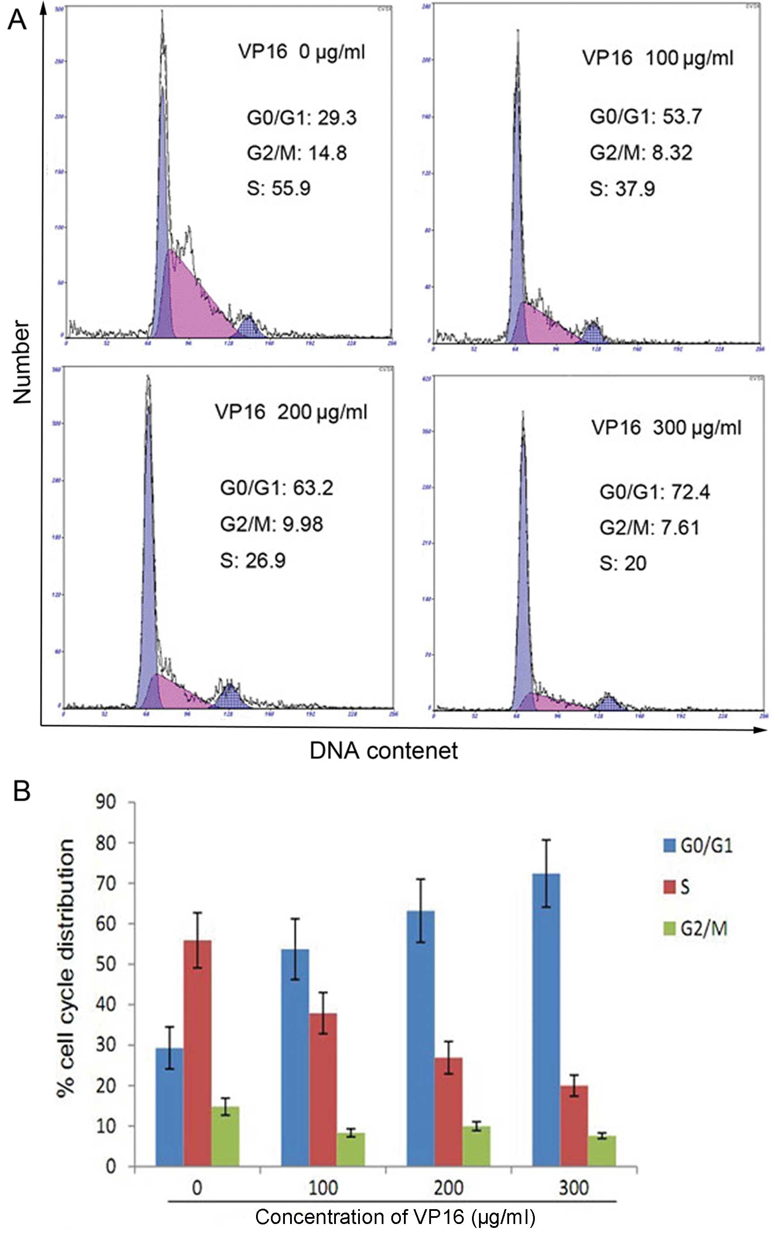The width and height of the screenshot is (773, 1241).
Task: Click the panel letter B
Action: [21, 791]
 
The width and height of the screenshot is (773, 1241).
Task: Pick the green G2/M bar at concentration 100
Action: [351, 1152]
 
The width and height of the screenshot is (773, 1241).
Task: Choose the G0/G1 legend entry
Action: [698, 846]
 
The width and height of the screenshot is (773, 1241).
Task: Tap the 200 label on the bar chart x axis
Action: [448, 1188]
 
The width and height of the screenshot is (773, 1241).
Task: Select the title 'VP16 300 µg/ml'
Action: [666, 428]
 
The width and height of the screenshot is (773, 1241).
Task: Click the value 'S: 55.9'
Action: [279, 188]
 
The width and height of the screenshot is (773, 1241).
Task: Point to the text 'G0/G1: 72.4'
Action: [654, 492]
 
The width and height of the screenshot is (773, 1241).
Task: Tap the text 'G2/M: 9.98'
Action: [271, 524]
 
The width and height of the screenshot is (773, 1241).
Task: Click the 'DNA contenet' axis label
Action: [383, 750]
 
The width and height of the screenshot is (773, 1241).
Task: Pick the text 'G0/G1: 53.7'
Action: [646, 117]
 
